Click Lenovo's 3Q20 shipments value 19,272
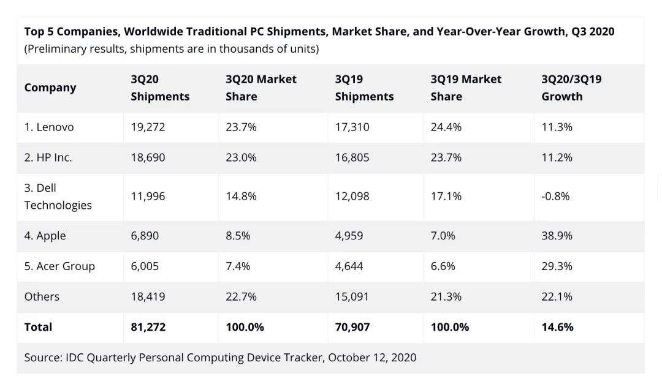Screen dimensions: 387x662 [148, 127]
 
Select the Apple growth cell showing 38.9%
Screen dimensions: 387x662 [557, 236]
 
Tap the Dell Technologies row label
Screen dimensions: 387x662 [58, 197]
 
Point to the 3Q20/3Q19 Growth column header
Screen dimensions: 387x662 [571, 88]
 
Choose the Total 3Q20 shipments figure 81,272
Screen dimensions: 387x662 [148, 327]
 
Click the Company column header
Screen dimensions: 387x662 [50, 88]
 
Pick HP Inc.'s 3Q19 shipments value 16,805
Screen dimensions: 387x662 [352, 157]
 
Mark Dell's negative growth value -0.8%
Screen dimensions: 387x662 [555, 197]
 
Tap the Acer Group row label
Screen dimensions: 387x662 [59, 266]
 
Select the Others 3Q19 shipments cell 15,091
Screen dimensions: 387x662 [352, 296]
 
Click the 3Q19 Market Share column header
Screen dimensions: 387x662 [466, 88]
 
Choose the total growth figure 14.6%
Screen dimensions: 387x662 [557, 327]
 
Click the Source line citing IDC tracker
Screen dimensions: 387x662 [220, 358]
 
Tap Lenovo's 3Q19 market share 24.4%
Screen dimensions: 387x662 [446, 127]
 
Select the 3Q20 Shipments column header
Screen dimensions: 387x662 [160, 88]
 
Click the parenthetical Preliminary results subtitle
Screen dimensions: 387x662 [171, 49]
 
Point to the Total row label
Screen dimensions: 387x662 [38, 327]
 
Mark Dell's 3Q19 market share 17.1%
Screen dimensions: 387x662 [446, 197]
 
